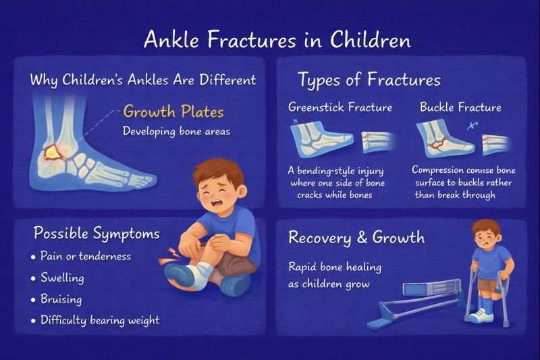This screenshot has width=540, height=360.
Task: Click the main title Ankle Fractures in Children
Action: tap(277, 40)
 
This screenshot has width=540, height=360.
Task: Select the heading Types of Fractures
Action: tap(369, 80)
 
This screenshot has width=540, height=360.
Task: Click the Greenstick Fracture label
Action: tap(340, 107)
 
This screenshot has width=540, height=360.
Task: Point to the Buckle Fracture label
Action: tap(460, 107)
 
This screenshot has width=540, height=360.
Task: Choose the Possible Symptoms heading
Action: tap(97, 234)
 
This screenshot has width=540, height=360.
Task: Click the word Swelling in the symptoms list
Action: tap(63, 278)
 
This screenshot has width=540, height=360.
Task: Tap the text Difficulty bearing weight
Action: tap(99, 320)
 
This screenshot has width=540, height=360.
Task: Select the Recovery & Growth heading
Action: tap(356, 237)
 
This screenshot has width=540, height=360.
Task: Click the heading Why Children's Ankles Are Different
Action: tap(143, 80)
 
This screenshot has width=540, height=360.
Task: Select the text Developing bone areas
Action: tap(176, 131)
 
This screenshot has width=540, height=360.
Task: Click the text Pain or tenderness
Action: tap(86, 257)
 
